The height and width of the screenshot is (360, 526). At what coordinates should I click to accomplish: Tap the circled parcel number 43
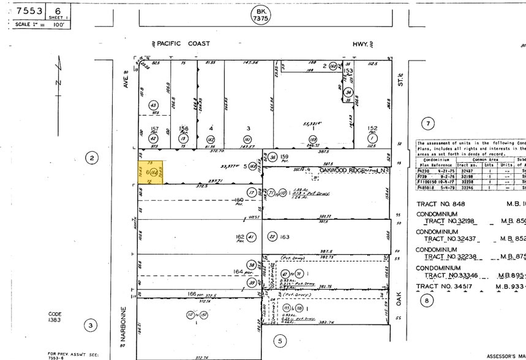click(x=153, y=105)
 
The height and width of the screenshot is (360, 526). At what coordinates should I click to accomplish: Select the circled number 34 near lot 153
click(x=348, y=92)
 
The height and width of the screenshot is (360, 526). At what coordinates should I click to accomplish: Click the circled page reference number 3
click(x=90, y=325)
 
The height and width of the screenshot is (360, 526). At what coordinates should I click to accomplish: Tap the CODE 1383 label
click(x=56, y=318)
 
